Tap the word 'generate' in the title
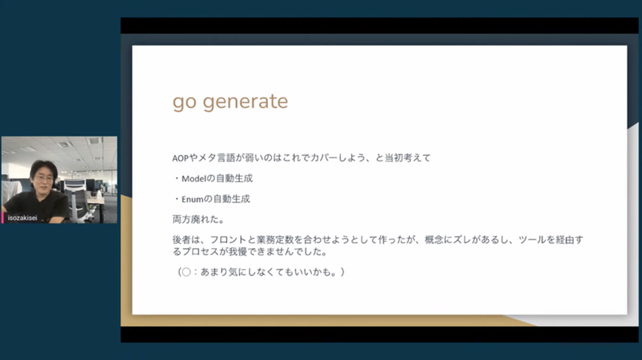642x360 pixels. pos(245,102)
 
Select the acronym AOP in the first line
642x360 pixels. pos(181,158)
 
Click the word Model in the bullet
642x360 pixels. pos(194,179)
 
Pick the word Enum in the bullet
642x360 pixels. pos(192,199)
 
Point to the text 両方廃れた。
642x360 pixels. pos(198,220)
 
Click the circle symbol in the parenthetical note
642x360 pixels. pos(186,272)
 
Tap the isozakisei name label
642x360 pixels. pos(22,218)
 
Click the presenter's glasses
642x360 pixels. pos(44,178)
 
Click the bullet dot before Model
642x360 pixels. pos(177,178)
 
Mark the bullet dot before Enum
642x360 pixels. pos(177,199)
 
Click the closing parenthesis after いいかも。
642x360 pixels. pos(342,272)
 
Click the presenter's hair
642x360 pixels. pos(44,169)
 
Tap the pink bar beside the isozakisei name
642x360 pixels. pos(3,218)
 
